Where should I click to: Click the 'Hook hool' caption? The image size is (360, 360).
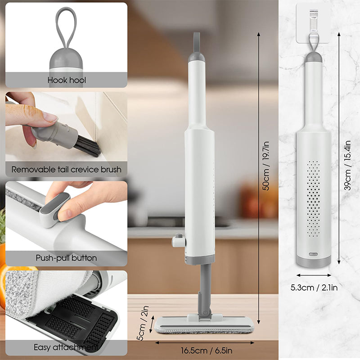tap(67, 81)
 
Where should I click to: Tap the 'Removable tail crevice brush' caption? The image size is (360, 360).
tap(66, 170)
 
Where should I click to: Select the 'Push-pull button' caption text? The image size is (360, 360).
tap(66, 258)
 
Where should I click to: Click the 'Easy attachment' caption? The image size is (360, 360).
tap(66, 347)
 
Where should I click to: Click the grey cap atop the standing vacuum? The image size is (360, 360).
tap(196, 57)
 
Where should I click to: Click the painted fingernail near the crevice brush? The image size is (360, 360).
tap(50, 118)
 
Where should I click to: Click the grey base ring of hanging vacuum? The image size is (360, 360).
tap(314, 261)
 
